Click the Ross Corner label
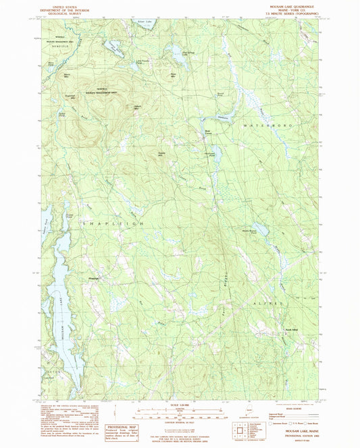[209, 132]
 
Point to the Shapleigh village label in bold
[95, 276]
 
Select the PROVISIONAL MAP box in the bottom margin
[122, 427]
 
